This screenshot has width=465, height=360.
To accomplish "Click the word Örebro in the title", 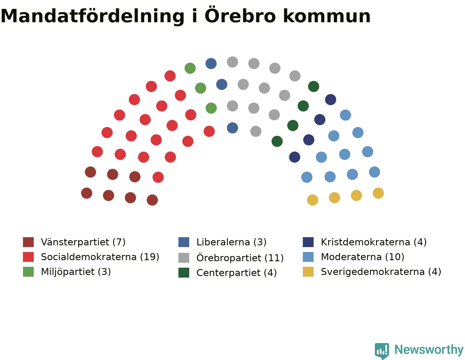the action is click(x=240, y=15).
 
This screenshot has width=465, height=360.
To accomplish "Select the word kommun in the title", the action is click(x=327, y=16).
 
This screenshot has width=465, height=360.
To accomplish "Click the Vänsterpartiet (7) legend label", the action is click(x=83, y=242).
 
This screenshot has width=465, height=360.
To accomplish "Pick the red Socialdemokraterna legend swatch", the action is click(x=28, y=257).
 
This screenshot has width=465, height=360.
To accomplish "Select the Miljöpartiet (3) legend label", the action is click(x=76, y=272).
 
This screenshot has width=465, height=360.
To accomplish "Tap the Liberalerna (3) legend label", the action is click(x=231, y=242).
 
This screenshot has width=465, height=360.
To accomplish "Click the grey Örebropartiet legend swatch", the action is click(x=184, y=258).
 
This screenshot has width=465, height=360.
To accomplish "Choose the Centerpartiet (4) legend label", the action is click(x=237, y=273).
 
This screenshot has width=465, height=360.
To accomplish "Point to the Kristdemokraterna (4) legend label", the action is click(x=374, y=242).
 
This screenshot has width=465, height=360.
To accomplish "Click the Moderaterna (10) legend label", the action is click(x=362, y=257).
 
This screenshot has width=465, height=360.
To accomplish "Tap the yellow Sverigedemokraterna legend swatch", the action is click(x=308, y=272).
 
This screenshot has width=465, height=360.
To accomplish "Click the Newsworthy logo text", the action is click(x=429, y=350).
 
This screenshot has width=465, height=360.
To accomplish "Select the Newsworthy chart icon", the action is click(x=382, y=351).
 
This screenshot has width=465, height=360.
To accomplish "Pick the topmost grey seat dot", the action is click(x=233, y=62).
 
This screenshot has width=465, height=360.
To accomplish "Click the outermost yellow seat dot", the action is click(x=378, y=193).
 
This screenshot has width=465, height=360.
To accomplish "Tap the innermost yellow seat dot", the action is click(x=313, y=200).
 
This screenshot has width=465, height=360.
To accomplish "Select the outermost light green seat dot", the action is click(x=190, y=68).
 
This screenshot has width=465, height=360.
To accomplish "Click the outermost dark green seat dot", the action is click(x=314, y=87).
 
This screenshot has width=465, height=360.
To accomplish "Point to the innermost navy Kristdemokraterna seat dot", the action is click(x=295, y=157).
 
